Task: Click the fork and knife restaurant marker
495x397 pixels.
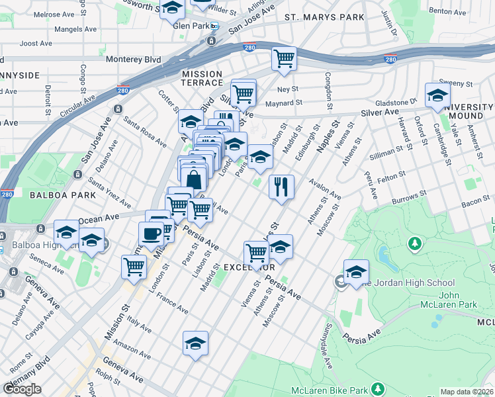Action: [281, 186]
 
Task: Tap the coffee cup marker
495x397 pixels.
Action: [151, 234]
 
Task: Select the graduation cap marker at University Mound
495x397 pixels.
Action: [437, 95]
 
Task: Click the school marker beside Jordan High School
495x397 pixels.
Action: [356, 271]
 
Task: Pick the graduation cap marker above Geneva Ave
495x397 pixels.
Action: [195, 343]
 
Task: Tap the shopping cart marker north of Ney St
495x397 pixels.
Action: [284, 58]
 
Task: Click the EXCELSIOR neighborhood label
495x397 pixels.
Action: [249, 267]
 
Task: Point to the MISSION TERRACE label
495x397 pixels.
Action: [202, 78]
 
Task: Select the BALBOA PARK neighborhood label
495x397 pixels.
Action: [54, 195]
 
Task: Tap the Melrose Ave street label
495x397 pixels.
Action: [54, 14]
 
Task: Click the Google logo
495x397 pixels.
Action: [22, 389]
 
